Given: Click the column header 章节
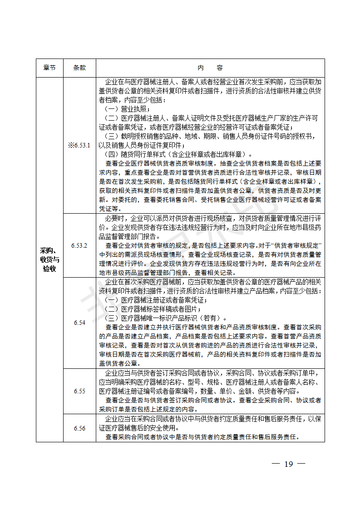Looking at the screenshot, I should point(49,68).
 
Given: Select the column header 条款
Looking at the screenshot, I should point(79,68).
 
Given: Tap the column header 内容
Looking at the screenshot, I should point(210,68).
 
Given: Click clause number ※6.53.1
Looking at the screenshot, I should point(79,145).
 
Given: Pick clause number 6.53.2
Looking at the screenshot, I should point(79,245).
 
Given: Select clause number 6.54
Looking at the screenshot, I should point(79,323).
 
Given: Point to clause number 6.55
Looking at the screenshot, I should point(79,391).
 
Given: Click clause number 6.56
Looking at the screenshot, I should point(79,428).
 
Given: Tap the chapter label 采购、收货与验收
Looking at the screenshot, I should point(49,259).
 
